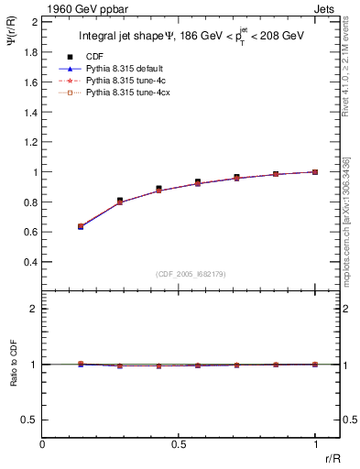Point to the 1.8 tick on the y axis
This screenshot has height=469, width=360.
pyautogui.click(x=29, y=52)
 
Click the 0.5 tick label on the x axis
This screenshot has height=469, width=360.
pyautogui.click(x=179, y=444)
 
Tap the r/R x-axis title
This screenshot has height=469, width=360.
pyautogui.click(x=332, y=457)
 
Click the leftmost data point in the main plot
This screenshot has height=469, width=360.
pyautogui.click(x=82, y=226)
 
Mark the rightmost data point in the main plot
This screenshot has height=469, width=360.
pyautogui.click(x=316, y=171)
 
